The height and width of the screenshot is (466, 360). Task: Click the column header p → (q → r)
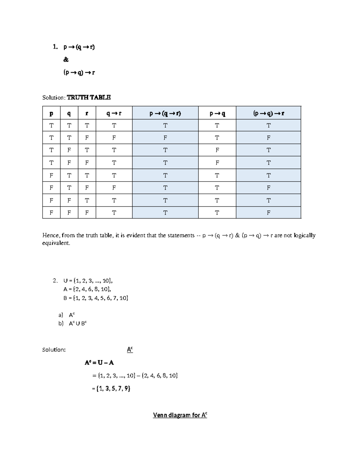tap(165, 113)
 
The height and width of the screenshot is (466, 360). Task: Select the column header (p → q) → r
tap(268, 113)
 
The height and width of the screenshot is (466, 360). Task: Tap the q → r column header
tap(114, 113)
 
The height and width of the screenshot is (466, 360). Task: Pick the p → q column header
tap(217, 113)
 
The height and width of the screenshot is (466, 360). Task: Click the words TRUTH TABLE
tap(88, 97)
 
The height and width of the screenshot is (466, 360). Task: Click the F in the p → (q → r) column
tap(165, 138)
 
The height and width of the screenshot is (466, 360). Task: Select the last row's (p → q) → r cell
tap(268, 213)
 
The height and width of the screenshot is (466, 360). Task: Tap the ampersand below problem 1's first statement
tap(66, 60)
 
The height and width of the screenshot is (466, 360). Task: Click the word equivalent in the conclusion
tap(56, 243)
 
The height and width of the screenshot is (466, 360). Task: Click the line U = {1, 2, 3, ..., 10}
tap(88, 281)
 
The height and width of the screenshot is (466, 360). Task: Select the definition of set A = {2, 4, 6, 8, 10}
tap(87, 289)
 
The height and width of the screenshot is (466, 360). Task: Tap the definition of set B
tap(96, 298)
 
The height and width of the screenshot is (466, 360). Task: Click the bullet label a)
tap(61, 315)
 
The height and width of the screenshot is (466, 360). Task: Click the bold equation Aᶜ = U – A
tap(99, 362)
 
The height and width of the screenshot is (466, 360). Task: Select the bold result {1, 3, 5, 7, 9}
tap(113, 389)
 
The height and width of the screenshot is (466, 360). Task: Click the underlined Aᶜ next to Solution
tap(130, 350)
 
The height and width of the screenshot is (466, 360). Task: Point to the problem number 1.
tap(55, 47)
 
